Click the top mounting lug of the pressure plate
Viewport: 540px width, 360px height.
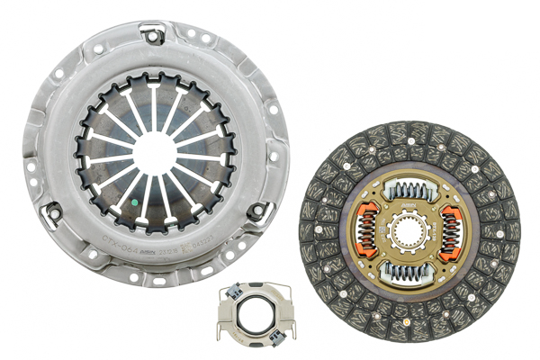click(x=152, y=37)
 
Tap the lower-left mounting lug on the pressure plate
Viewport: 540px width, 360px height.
click(x=55, y=212)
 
